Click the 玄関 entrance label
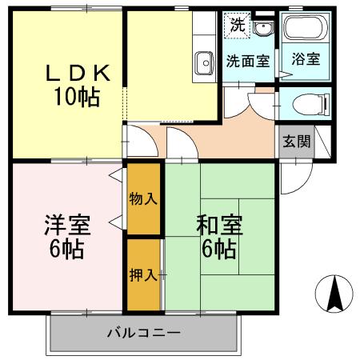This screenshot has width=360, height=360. click(296, 142)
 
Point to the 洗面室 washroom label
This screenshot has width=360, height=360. click(246, 59)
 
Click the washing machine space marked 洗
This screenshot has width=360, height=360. click(238, 25)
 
